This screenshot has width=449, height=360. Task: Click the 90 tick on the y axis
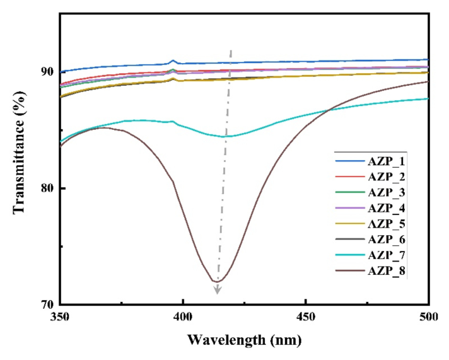(47, 71)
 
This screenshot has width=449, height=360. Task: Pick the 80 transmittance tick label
(47, 189)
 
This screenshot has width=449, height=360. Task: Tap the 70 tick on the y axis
(47, 305)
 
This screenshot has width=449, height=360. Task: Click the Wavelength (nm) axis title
(244, 340)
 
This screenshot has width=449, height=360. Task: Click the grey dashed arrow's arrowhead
(218, 291)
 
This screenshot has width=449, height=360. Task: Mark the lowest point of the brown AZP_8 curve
(218, 281)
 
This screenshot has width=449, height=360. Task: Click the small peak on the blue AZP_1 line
(173, 61)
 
